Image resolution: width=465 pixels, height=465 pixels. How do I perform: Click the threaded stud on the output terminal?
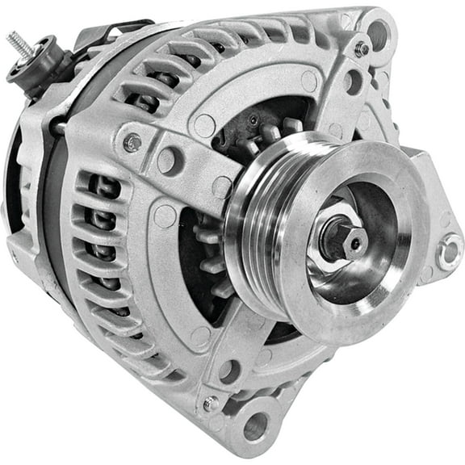[x=19, y=44]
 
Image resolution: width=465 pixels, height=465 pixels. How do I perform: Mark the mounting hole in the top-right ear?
[x=377, y=33]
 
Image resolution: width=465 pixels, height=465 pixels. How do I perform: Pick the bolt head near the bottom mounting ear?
[x=212, y=402]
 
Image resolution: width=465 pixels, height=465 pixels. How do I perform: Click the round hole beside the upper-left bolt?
[x=168, y=159]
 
